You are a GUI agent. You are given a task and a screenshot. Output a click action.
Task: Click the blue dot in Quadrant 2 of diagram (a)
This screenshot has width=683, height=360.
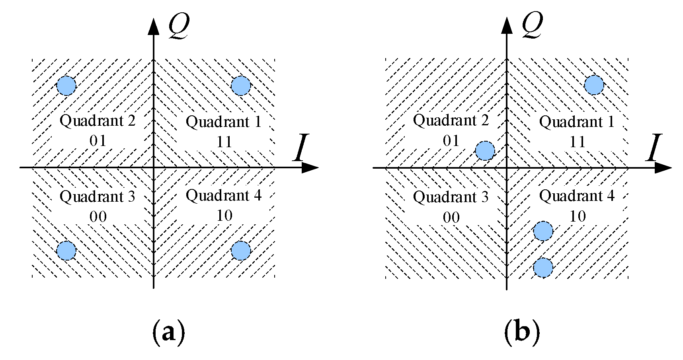click(x=66, y=86)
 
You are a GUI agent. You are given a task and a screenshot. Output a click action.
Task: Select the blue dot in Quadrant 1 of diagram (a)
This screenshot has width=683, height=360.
click(x=241, y=86)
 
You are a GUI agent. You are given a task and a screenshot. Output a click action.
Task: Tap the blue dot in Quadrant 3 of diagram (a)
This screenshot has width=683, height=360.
click(x=66, y=251)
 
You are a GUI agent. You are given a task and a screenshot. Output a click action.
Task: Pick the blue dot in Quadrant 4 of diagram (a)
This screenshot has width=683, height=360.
click(x=241, y=251)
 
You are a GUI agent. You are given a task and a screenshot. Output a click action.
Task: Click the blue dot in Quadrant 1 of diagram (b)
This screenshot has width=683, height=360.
click(x=594, y=85)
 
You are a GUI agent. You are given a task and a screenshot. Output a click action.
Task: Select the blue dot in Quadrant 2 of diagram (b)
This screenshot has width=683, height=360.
click(x=485, y=151)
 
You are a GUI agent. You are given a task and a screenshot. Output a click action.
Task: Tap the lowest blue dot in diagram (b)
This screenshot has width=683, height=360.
click(x=543, y=267)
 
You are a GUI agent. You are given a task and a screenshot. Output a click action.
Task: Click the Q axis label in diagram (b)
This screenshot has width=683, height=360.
click(x=532, y=26)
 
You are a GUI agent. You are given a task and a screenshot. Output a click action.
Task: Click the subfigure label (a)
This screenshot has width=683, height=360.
click(x=169, y=332)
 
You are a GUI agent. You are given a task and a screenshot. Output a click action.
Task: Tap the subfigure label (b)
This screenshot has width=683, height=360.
click(x=522, y=332)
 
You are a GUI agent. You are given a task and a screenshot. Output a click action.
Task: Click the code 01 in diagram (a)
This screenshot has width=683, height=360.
click(x=98, y=141)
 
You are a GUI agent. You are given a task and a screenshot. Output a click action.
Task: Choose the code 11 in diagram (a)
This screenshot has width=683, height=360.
click(x=224, y=142)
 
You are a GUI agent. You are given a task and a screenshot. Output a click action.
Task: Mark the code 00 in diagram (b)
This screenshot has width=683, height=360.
click(x=451, y=218)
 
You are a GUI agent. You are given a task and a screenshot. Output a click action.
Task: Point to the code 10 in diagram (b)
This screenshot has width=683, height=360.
click(x=578, y=216)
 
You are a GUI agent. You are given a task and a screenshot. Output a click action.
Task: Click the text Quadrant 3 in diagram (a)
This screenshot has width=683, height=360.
click(x=98, y=197)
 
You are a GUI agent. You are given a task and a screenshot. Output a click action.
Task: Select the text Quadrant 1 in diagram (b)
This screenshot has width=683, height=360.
click(x=577, y=122)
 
